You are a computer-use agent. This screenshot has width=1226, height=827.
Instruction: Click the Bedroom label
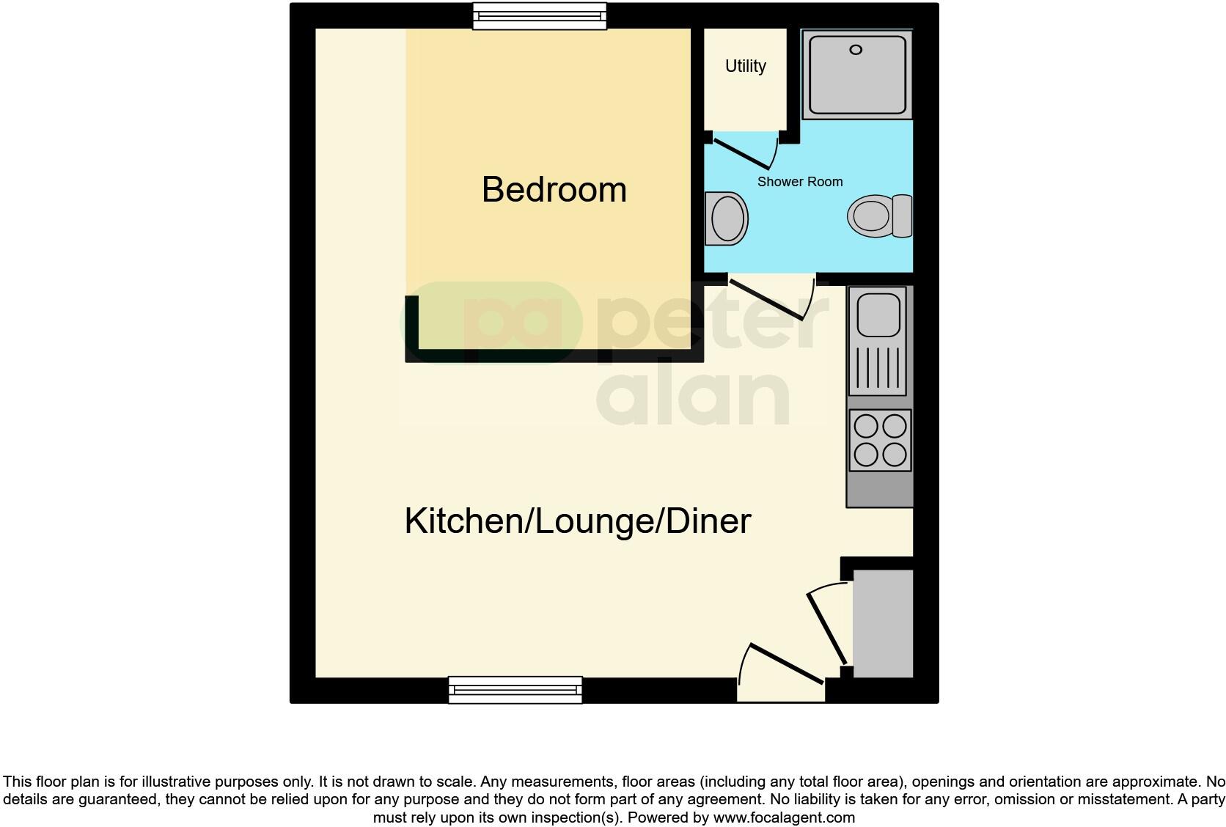tap(554, 190)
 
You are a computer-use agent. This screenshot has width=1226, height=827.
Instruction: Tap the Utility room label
tap(745, 66)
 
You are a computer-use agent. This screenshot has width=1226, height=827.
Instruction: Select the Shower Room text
tap(799, 182)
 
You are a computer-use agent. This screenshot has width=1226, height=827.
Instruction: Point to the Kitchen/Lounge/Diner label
tap(578, 521)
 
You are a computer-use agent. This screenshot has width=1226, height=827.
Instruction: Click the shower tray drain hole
tap(856, 50)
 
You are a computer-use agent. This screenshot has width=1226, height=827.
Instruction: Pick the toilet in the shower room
tap(878, 216)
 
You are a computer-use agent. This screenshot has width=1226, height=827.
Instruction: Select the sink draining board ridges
tap(878, 368)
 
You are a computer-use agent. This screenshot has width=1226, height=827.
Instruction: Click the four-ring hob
tap(880, 440)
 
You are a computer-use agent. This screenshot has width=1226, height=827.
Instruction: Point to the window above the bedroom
tap(540, 16)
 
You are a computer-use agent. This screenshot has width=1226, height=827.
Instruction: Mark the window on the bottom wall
tap(515, 690)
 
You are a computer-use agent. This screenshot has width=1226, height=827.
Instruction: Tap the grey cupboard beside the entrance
tap(883, 623)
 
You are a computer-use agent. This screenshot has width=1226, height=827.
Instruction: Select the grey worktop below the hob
tap(880, 489)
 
